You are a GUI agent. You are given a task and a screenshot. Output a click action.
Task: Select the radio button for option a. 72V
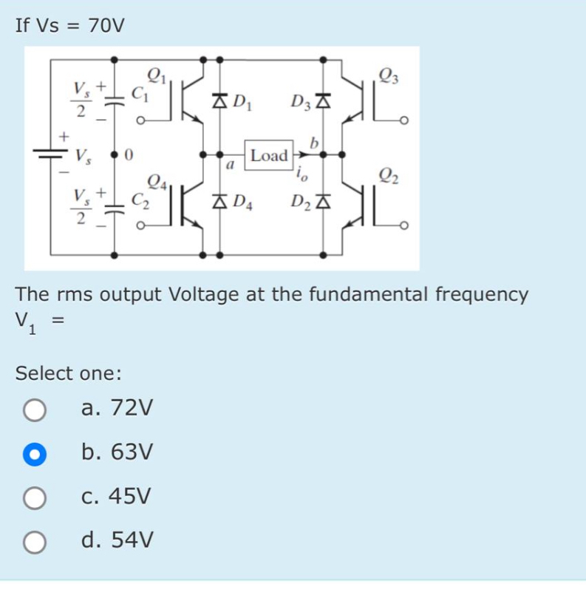34,409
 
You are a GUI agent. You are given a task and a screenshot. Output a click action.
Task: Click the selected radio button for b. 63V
34,453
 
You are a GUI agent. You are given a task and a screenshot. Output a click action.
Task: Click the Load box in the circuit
268,156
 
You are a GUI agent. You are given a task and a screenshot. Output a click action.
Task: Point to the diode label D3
300,102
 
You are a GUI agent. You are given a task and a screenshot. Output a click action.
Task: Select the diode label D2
300,202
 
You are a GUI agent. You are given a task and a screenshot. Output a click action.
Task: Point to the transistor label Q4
157,180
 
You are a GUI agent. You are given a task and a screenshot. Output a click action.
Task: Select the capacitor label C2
139,199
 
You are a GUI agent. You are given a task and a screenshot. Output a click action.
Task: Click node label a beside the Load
230,167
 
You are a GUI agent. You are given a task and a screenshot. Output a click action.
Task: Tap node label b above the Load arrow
316,142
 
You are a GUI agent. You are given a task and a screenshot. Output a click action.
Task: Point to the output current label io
301,174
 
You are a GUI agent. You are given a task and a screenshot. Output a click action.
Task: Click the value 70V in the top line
106,26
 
